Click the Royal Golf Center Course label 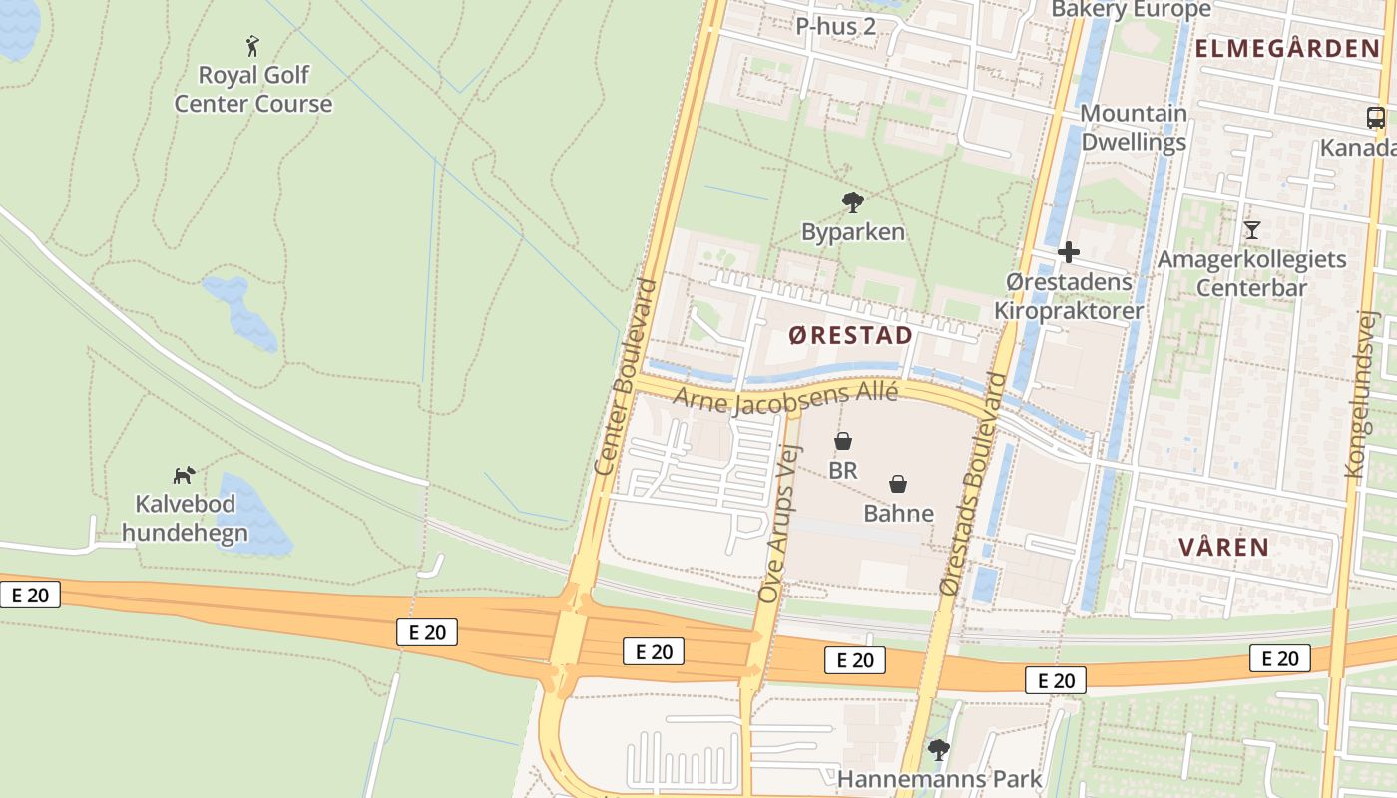[253, 89]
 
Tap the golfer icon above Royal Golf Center [253, 46]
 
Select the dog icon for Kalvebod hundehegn [184, 476]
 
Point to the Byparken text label [853, 232]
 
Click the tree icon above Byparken [852, 203]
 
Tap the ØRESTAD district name [850, 335]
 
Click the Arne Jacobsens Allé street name [786, 397]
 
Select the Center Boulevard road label [627, 377]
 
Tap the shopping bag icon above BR [843, 441]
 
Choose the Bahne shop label [898, 514]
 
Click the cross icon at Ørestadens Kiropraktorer [1069, 252]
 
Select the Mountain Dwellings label [1134, 127]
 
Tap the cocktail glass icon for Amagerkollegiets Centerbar [1251, 230]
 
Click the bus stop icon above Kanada [1376, 118]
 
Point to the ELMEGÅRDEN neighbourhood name [1287, 48]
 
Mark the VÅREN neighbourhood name [1223, 547]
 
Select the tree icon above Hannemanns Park [938, 749]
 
